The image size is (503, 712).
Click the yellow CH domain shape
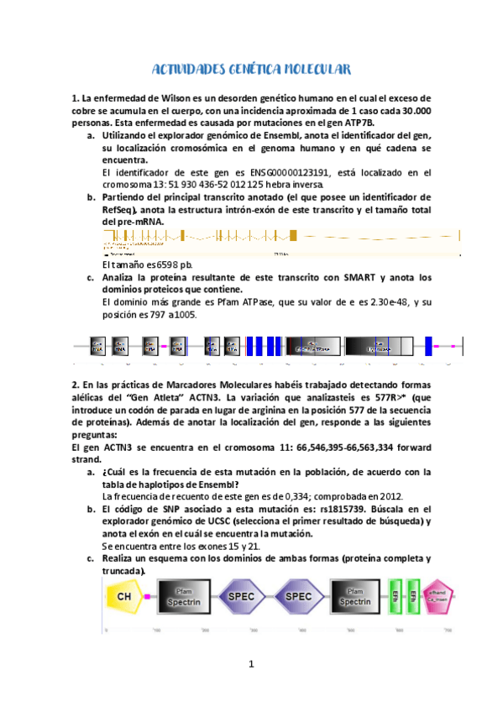click(124, 597)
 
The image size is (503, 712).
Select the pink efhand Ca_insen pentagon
click(438, 597)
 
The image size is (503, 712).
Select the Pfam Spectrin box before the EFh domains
click(356, 597)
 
